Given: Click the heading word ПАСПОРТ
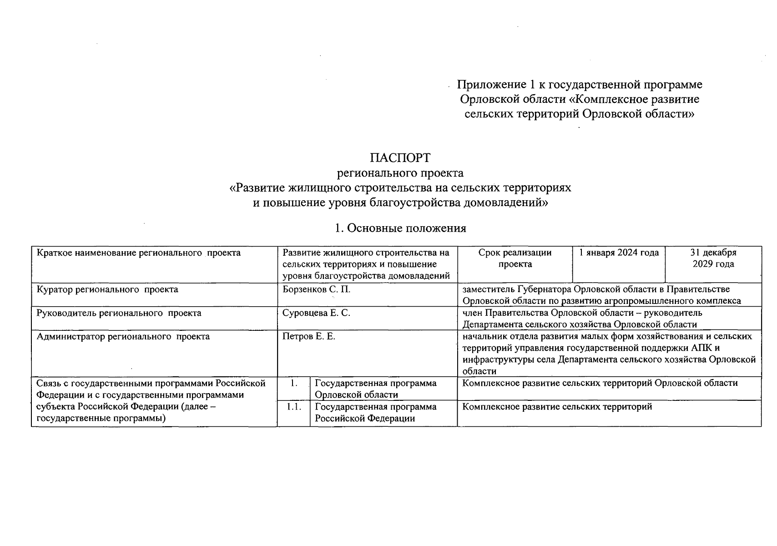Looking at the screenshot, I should [400, 158].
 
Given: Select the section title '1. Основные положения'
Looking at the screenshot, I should [400, 228].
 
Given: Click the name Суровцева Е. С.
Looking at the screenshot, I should [316, 313].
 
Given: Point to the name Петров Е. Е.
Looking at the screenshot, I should [308, 337].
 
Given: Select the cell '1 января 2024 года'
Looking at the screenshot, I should [619, 253].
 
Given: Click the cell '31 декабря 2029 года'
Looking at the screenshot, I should [713, 258].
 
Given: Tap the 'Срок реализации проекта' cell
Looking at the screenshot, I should [515, 258].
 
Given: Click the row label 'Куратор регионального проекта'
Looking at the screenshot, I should [107, 289].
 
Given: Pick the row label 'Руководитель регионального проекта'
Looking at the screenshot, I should [119, 313].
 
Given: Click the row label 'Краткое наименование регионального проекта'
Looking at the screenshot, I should [138, 253].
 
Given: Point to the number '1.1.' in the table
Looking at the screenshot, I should [294, 407].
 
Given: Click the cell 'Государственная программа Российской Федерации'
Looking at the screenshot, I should [375, 413].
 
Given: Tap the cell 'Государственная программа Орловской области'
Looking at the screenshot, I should [375, 389].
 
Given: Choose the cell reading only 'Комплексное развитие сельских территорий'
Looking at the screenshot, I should [557, 407].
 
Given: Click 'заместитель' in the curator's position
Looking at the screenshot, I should [489, 289].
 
